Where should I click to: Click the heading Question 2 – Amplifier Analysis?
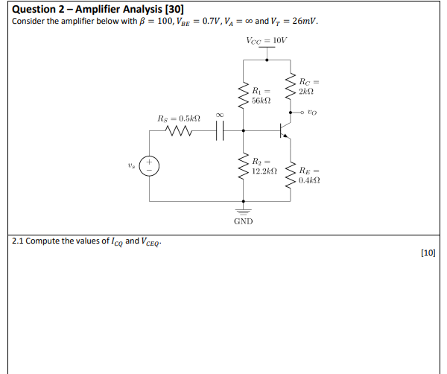point(92,7)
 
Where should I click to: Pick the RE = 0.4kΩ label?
point(308,174)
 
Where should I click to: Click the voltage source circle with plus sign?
point(149,164)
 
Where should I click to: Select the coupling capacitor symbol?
point(219,132)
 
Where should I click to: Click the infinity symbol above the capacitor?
point(219,114)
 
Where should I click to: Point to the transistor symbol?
point(283,131)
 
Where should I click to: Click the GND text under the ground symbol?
point(244,221)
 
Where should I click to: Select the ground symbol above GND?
point(244,208)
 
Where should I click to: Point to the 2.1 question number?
point(19,241)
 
